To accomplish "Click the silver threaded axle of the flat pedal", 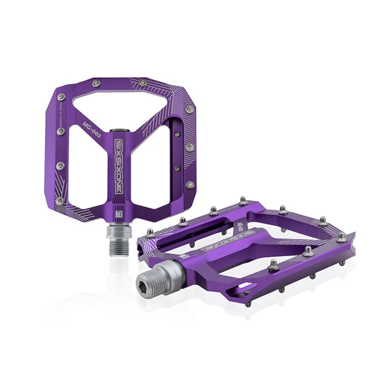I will pos(159,273).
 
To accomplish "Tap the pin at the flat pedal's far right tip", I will pos(342,236).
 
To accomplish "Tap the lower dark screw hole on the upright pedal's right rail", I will pos(178,168).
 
